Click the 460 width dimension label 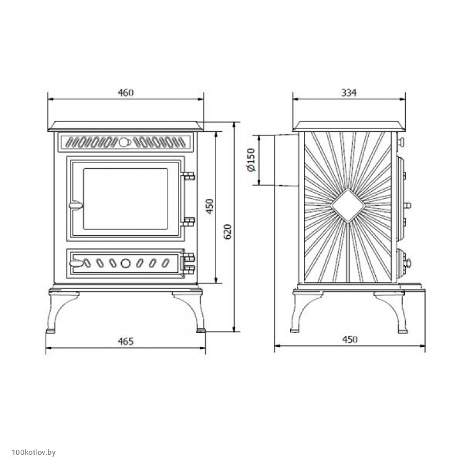tap(125, 92)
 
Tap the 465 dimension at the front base tap(125, 342)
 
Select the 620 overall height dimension tap(228, 231)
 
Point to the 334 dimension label tap(349, 92)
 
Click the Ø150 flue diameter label tap(251, 160)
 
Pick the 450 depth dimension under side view tap(350, 339)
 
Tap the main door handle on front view tap(76, 206)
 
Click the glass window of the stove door tap(125, 199)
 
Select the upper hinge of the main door tap(187, 176)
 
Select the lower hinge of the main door tap(187, 221)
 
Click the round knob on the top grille tap(124, 142)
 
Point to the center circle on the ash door tap(125, 263)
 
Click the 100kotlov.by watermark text tap(34, 453)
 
